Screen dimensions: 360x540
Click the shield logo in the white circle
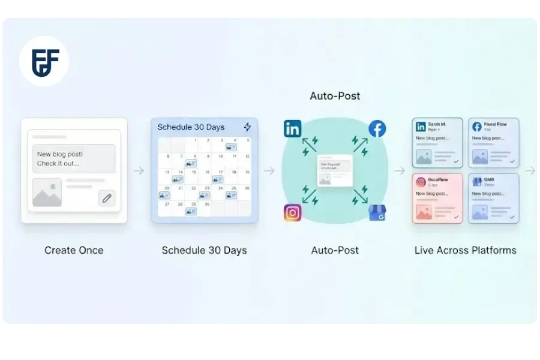[43, 61]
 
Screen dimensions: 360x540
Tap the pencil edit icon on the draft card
[107, 198]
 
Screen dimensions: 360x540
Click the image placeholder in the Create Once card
[47, 192]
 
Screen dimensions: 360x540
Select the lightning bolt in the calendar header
[247, 127]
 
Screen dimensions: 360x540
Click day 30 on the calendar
[207, 205]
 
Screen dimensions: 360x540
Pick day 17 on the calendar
[221, 173]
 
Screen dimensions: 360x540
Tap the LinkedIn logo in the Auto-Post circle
[293, 128]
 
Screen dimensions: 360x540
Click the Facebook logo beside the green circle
[377, 128]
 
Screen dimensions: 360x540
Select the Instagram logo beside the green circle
[293, 213]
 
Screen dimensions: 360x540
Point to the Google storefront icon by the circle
[377, 213]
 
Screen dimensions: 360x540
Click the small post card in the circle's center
[335, 171]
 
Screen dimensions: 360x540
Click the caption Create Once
[74, 250]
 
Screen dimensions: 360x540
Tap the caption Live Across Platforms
[465, 250]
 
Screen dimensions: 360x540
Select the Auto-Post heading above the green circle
[335, 96]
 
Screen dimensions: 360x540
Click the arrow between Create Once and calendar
[139, 171]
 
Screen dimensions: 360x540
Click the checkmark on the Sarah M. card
[455, 161]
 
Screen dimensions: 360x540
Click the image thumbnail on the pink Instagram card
[424, 212]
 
